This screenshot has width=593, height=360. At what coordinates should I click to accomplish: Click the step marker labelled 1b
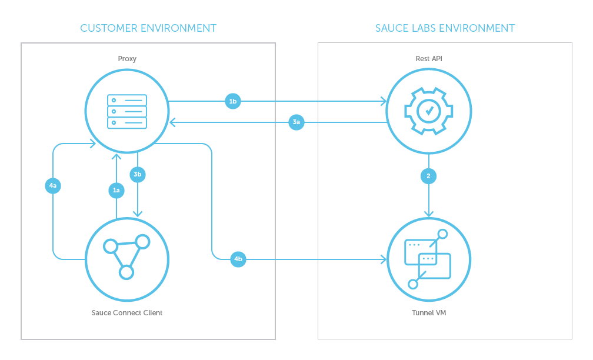pos(233,101)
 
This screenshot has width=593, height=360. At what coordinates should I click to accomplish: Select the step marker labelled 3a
pos(296,122)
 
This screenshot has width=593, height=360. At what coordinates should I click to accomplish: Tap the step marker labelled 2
pos(428,175)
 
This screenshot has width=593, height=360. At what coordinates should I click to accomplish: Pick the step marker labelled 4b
pos(238,259)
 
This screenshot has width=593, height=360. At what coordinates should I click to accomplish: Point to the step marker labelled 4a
pos(53,186)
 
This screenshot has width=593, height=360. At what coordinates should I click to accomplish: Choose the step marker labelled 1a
pos(116,189)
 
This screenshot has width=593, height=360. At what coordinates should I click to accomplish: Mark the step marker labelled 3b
pos(137,174)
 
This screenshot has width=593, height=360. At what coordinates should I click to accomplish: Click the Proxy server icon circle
pos(127,111)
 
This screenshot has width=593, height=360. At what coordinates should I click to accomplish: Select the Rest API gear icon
pos(428,111)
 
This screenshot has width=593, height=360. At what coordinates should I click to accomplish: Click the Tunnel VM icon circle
pos(428,259)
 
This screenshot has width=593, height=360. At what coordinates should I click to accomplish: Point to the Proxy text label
pos(127,59)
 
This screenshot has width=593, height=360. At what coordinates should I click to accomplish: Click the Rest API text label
pos(428,59)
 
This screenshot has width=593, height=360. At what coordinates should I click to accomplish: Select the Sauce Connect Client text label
pos(127,312)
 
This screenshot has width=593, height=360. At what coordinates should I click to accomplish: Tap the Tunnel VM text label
pos(428,312)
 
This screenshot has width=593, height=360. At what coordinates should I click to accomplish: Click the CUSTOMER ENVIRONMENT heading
pos(148,28)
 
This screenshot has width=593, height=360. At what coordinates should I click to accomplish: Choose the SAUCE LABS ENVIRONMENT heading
pos(445,28)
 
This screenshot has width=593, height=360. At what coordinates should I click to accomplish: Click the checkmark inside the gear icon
pos(429,110)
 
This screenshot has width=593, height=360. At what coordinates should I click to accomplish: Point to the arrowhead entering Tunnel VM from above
pos(428,214)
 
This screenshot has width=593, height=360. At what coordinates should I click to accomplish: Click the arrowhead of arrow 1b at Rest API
pos(384,101)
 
